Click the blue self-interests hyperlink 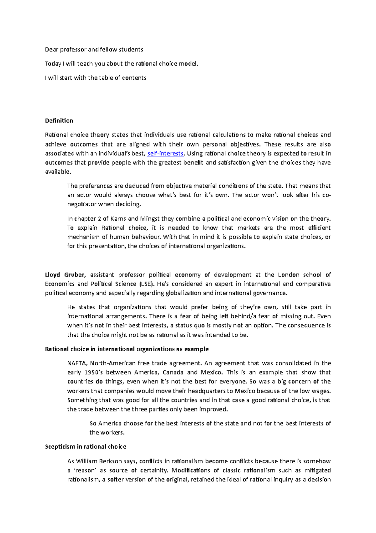coord(165,153)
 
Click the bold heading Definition coord(59,121)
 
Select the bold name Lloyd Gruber coord(65,275)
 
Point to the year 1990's coord(93,372)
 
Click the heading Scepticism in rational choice coord(86,447)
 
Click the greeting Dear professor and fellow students coord(94,49)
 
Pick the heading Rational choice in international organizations coord(127,349)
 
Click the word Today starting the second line coord(53,63)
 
